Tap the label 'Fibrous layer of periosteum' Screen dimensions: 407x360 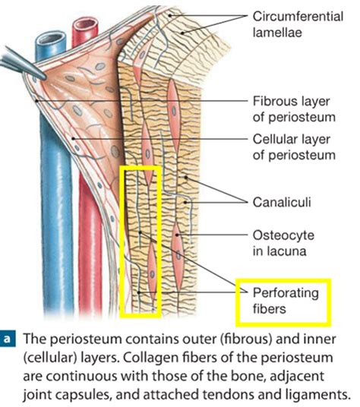292,107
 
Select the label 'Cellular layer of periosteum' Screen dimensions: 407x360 292,148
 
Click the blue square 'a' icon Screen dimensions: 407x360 11,338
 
